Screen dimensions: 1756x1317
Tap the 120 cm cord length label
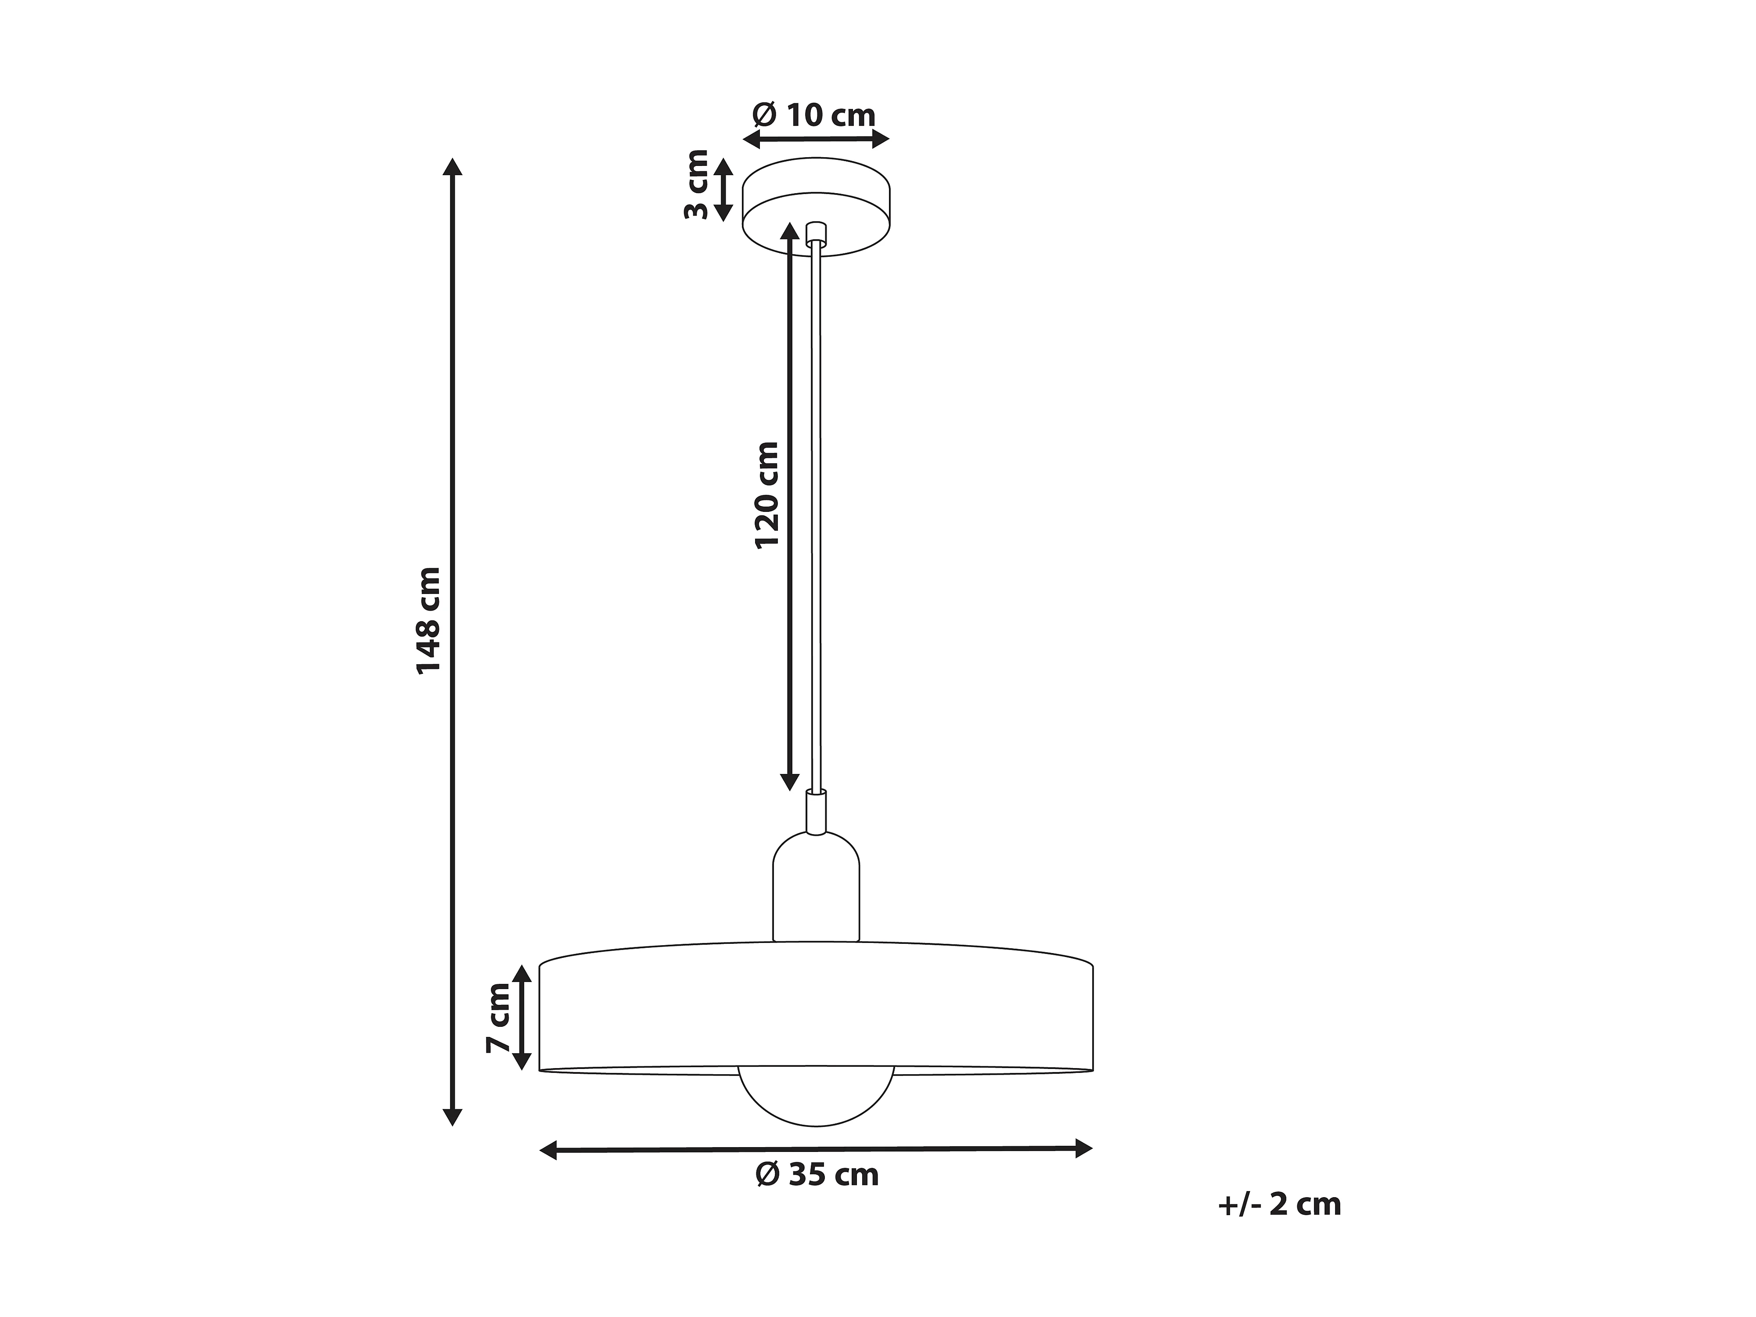[767, 495]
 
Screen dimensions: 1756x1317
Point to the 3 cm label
[697, 184]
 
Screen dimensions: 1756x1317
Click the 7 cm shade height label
[499, 1018]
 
